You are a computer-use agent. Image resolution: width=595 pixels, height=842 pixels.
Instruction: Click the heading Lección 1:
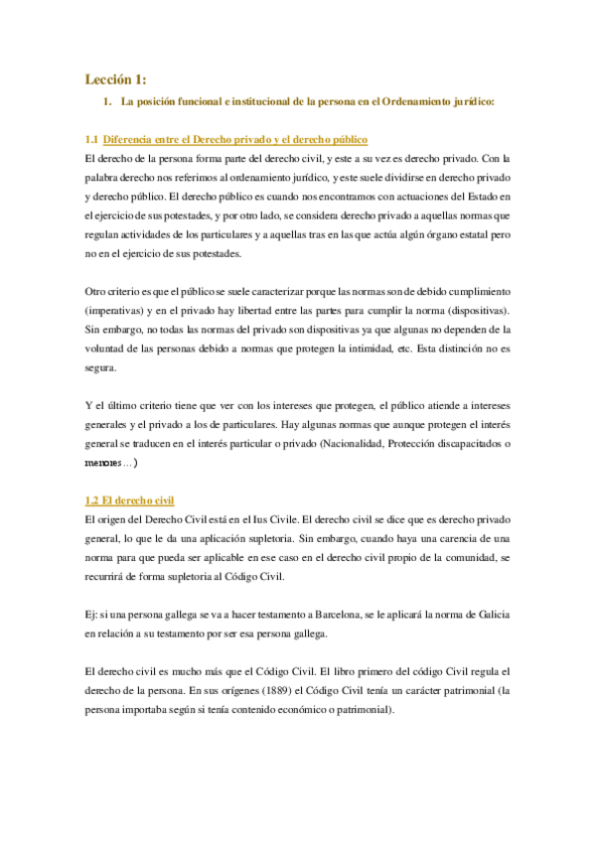[x=115, y=79]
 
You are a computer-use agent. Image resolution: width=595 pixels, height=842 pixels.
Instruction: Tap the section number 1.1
[x=92, y=139]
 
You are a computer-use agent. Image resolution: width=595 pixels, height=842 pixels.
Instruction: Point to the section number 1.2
[x=92, y=500]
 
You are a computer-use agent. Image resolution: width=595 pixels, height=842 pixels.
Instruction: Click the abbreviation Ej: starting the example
[x=92, y=615]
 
